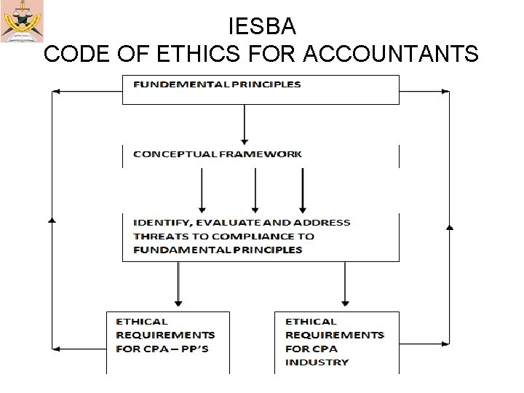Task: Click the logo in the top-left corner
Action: (x=22, y=21)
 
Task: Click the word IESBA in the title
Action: (x=262, y=27)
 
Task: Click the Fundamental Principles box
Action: (x=261, y=89)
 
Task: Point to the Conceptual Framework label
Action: (x=218, y=154)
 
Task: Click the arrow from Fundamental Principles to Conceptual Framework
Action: (x=245, y=124)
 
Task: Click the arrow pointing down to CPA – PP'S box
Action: (x=178, y=284)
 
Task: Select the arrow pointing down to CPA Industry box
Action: (x=346, y=284)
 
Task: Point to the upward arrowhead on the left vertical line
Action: (x=52, y=218)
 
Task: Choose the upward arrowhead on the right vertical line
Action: (x=449, y=227)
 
